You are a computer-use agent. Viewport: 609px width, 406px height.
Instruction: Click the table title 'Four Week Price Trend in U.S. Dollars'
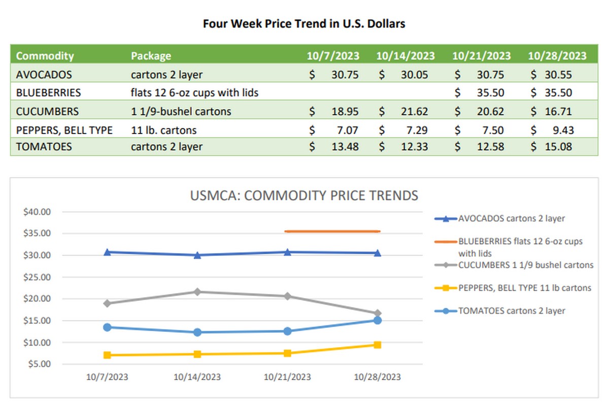point(304,24)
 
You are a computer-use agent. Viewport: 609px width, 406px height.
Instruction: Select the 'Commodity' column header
point(45,56)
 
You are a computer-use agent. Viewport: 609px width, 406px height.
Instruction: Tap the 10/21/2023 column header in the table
point(481,56)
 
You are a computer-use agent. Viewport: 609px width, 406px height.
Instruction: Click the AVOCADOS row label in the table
point(44,75)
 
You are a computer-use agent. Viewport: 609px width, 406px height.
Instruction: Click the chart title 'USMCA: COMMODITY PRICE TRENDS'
point(304,195)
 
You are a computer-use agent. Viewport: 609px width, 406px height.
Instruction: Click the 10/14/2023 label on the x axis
point(197,377)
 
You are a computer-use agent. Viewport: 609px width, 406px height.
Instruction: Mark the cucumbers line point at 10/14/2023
point(197,292)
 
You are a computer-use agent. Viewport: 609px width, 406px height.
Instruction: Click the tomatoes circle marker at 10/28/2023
point(378,320)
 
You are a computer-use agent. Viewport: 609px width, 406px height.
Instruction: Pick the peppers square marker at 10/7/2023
point(107,355)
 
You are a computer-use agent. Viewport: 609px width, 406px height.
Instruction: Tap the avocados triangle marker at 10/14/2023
point(197,255)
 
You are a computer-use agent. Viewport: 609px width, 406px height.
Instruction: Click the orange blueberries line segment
point(332,231)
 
